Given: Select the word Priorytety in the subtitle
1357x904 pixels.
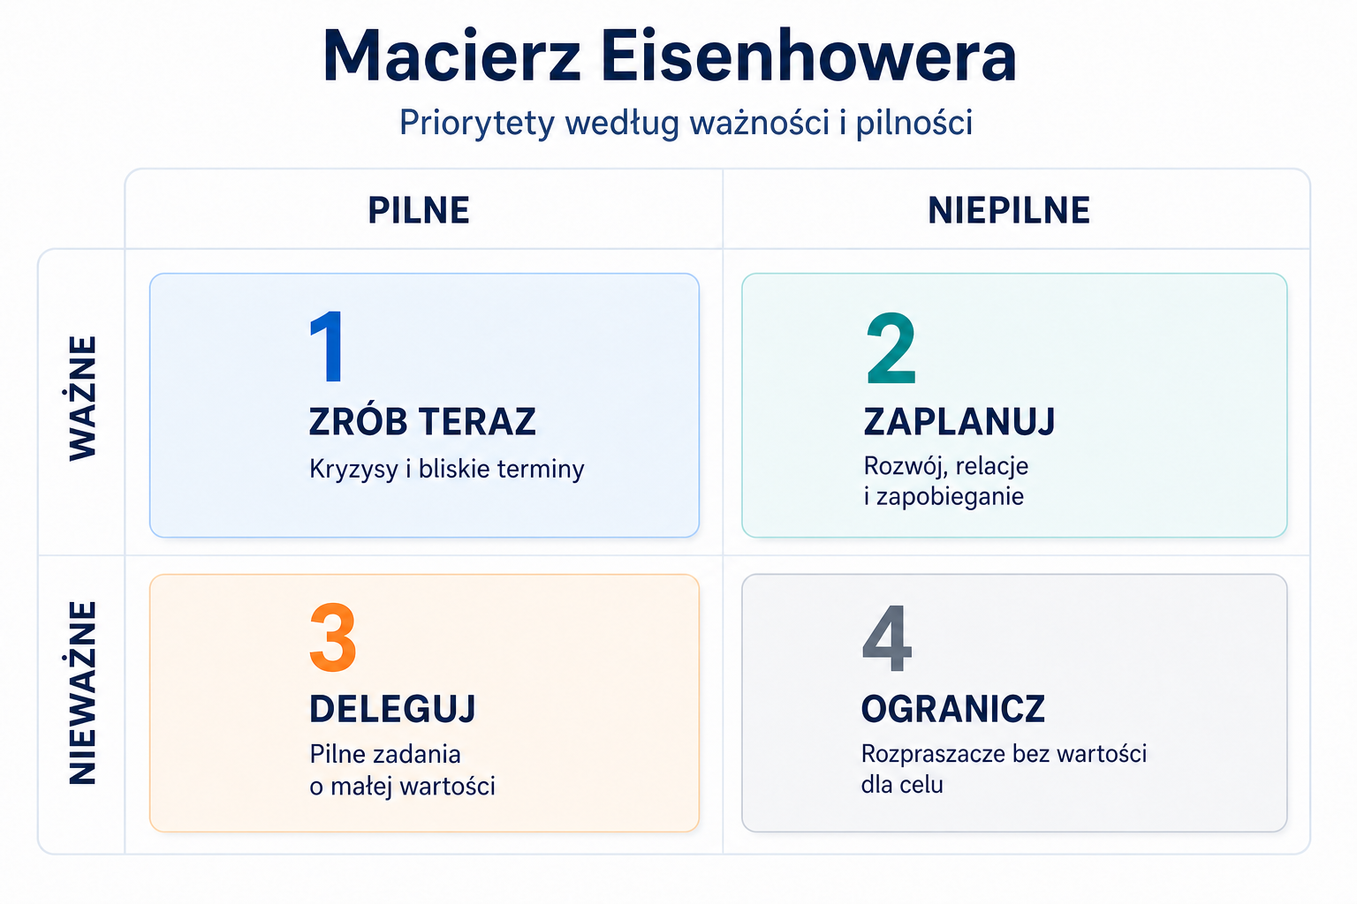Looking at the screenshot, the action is point(477,124).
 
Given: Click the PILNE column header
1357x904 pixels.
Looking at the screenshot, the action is point(419,210).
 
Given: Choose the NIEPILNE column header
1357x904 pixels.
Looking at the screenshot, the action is point(1009,210).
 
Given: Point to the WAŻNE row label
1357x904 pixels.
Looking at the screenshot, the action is point(82,398).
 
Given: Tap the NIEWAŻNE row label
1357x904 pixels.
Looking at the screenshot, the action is point(82,693).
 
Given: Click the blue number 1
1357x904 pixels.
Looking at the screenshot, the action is point(327,346).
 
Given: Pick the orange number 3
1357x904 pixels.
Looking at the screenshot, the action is point(332,637).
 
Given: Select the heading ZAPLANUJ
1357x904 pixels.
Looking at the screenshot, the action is point(959,421).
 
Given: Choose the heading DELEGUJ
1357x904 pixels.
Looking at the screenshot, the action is point(392,708).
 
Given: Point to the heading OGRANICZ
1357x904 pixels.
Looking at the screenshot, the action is point(953,708).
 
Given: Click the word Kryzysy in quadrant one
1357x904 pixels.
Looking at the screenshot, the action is point(353,470).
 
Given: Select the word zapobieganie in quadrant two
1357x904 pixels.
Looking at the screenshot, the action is point(950,497).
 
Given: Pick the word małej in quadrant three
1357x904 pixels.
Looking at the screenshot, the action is point(360,786).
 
